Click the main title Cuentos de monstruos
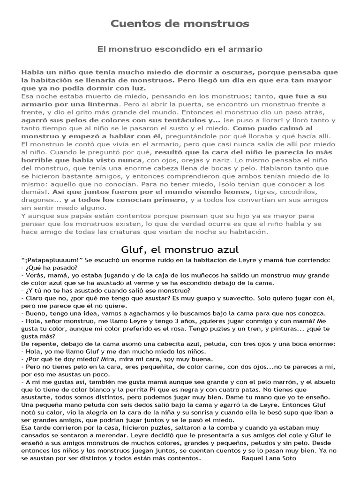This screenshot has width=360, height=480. click(x=180, y=23)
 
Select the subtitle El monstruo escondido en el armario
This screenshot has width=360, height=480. click(x=180, y=49)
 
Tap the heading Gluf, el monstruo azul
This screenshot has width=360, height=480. click(x=180, y=248)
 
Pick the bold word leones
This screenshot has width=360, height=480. click(x=233, y=192)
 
